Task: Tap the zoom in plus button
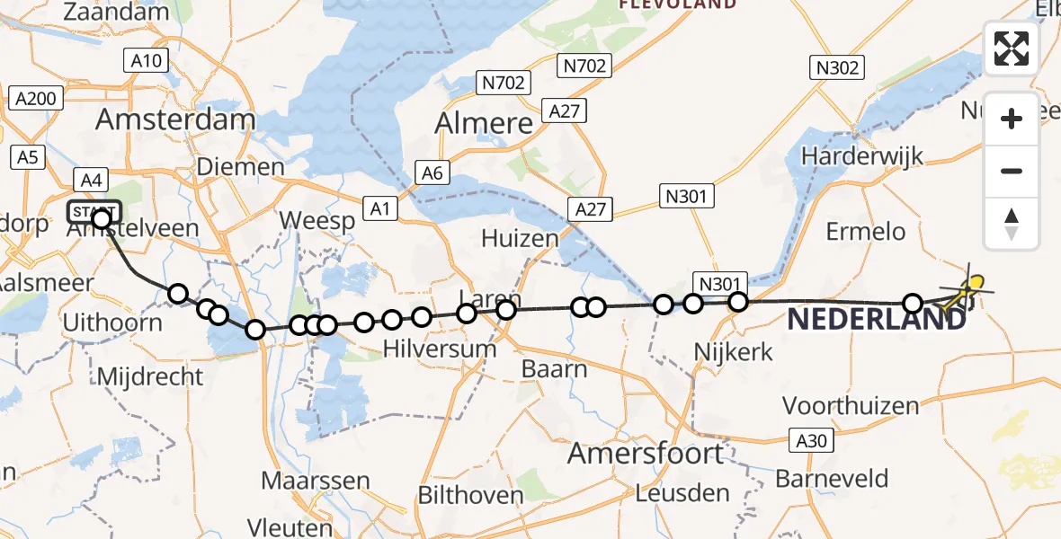pyautogui.click(x=1012, y=119)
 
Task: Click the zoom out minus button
pyautogui.click(x=1012, y=171)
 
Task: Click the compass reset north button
pyautogui.click(x=1012, y=223)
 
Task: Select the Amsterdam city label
pyautogui.click(x=175, y=119)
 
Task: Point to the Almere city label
pyautogui.click(x=484, y=123)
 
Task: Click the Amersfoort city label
pyautogui.click(x=646, y=454)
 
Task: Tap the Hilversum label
pyautogui.click(x=439, y=349)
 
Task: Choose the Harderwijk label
pyautogui.click(x=862, y=155)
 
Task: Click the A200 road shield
pyautogui.click(x=36, y=99)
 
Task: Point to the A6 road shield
pyautogui.click(x=432, y=172)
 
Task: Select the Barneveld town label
pyautogui.click(x=832, y=478)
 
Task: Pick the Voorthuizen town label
pyautogui.click(x=851, y=405)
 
